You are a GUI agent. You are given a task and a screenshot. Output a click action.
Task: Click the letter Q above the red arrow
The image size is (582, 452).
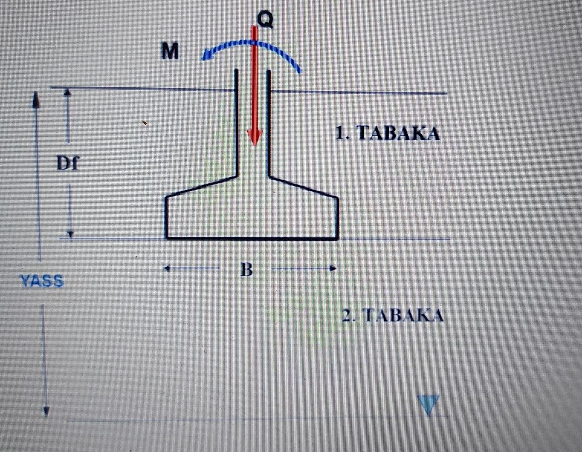click(x=264, y=20)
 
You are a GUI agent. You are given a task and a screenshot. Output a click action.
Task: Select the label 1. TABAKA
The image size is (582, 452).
click(x=387, y=133)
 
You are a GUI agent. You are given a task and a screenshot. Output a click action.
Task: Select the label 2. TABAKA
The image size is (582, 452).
click(x=393, y=316)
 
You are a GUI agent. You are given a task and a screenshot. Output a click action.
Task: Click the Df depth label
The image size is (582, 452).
click(x=68, y=163)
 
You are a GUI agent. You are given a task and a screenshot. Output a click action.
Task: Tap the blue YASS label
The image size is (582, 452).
click(x=42, y=281)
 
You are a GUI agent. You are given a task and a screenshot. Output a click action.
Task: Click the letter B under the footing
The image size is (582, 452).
click(x=247, y=270)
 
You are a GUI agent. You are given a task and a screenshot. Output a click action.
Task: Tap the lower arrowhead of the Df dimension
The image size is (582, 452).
click(x=71, y=233)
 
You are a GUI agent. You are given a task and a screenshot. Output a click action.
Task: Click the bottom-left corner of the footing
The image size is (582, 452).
click(x=167, y=238)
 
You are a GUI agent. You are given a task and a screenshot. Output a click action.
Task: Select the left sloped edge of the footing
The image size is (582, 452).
click(x=202, y=185)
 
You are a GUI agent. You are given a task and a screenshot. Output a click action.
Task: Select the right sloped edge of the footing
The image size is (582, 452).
click(x=304, y=186)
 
